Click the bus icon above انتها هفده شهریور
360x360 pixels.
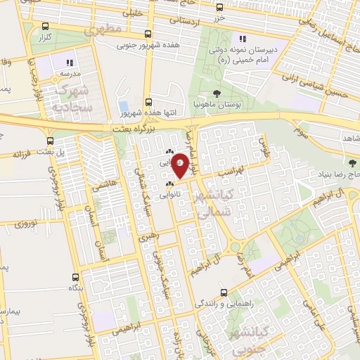148,101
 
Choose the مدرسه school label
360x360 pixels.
69,73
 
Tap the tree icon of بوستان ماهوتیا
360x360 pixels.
214,94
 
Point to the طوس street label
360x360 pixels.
264,145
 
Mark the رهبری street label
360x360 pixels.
149,237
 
